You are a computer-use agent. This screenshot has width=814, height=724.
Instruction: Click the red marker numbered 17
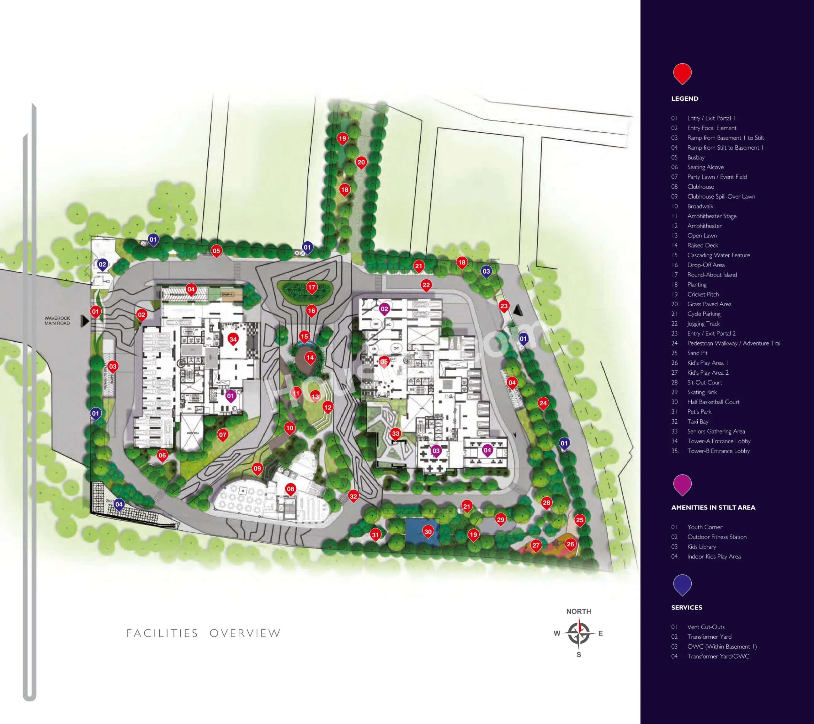click(x=311, y=287)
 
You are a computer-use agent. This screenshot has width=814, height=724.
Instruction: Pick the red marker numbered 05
click(x=216, y=251)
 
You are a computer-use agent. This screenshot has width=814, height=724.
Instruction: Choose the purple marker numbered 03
click(x=436, y=451)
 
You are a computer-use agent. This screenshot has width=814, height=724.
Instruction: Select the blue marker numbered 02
click(x=102, y=265)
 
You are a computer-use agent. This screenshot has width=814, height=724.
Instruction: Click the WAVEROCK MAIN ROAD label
click(x=57, y=321)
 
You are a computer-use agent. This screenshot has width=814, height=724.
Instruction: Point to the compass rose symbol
click(x=579, y=633)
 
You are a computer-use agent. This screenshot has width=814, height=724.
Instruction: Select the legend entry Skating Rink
click(x=702, y=392)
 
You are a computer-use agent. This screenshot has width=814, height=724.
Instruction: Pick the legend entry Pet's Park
click(x=699, y=412)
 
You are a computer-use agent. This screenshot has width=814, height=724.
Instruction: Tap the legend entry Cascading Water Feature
click(x=718, y=255)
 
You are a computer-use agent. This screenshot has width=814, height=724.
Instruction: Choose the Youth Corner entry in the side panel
click(x=705, y=527)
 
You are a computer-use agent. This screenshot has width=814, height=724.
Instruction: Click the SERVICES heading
click(x=687, y=608)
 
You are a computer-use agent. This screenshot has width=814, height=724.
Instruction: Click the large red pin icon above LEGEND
click(x=682, y=74)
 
